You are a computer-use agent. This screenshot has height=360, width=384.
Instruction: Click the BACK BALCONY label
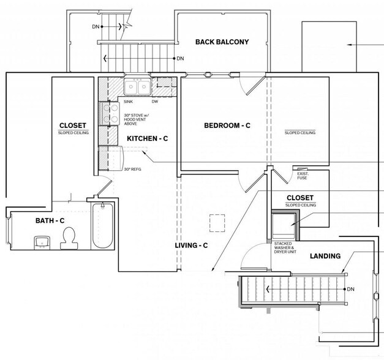(x=222, y=42)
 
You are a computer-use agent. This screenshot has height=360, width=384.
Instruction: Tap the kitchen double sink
(x=137, y=86)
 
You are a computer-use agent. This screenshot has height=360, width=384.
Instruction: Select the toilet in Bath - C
(x=69, y=238)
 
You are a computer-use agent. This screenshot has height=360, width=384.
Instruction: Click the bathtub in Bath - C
(x=103, y=225)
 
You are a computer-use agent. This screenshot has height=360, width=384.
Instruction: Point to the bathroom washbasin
(x=42, y=242)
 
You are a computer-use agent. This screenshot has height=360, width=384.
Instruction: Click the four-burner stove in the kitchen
(x=109, y=114)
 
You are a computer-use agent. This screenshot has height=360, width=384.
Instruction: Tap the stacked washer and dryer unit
(x=283, y=226)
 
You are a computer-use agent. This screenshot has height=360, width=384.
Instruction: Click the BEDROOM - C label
(x=227, y=126)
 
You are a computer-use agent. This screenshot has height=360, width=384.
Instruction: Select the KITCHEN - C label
(x=148, y=138)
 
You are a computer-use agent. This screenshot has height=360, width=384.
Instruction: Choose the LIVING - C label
(x=191, y=246)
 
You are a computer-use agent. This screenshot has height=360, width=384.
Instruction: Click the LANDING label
(x=325, y=256)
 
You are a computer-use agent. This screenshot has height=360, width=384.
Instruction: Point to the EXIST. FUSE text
(x=303, y=176)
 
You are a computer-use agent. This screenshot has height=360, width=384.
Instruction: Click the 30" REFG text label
(x=132, y=169)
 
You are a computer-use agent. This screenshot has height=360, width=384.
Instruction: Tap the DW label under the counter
(x=155, y=102)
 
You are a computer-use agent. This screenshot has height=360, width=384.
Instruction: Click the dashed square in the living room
(x=217, y=223)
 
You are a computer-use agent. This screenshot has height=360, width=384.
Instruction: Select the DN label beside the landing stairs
(x=351, y=289)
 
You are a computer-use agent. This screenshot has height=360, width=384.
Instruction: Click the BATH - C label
(x=50, y=220)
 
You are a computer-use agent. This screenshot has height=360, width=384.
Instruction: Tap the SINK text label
(x=128, y=102)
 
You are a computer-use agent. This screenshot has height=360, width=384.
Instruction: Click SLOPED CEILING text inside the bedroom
(x=300, y=133)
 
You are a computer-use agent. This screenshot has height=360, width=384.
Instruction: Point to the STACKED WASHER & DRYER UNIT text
(x=285, y=247)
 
